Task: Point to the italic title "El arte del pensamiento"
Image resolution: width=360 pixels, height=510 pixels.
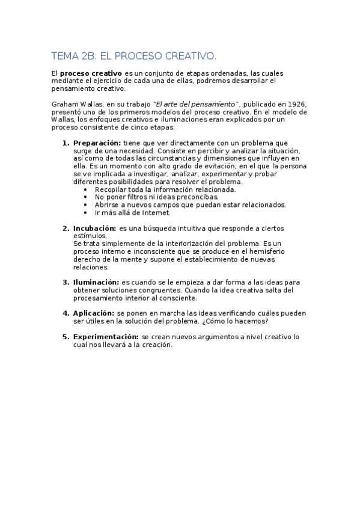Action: click(x=197, y=104)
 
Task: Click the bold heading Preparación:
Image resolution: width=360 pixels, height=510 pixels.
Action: click(x=97, y=143)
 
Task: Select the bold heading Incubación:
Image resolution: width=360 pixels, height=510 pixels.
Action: click(x=94, y=229)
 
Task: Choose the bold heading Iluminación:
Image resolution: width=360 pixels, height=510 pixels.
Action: click(x=96, y=282)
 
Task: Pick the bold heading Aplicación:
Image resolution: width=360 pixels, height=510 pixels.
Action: click(x=93, y=313)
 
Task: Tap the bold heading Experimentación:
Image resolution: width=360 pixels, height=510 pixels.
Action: click(x=106, y=337)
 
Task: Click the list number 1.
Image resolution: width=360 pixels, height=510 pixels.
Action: click(x=66, y=143)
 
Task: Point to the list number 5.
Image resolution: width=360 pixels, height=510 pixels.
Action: click(x=66, y=337)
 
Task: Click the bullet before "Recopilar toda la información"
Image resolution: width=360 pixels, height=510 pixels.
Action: click(x=87, y=189)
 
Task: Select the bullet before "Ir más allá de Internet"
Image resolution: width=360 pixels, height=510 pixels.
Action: click(x=87, y=212)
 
